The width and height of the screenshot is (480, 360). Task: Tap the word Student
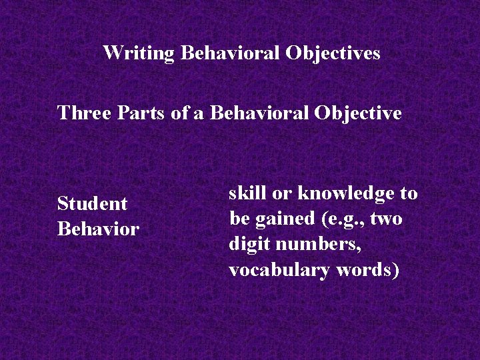click(92, 203)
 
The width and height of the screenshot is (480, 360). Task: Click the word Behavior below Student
click(98, 229)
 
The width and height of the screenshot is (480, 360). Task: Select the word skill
click(247, 193)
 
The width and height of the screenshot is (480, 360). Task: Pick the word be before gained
click(238, 219)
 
